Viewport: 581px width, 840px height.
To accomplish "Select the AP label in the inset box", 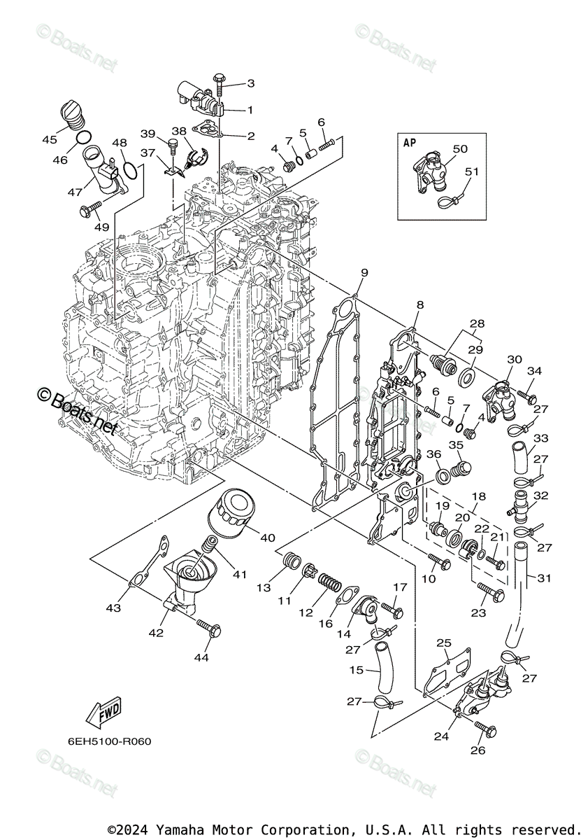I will (x=410, y=142).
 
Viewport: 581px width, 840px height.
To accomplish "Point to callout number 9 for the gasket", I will (x=364, y=272).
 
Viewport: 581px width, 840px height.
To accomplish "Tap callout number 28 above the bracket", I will (x=477, y=324).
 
